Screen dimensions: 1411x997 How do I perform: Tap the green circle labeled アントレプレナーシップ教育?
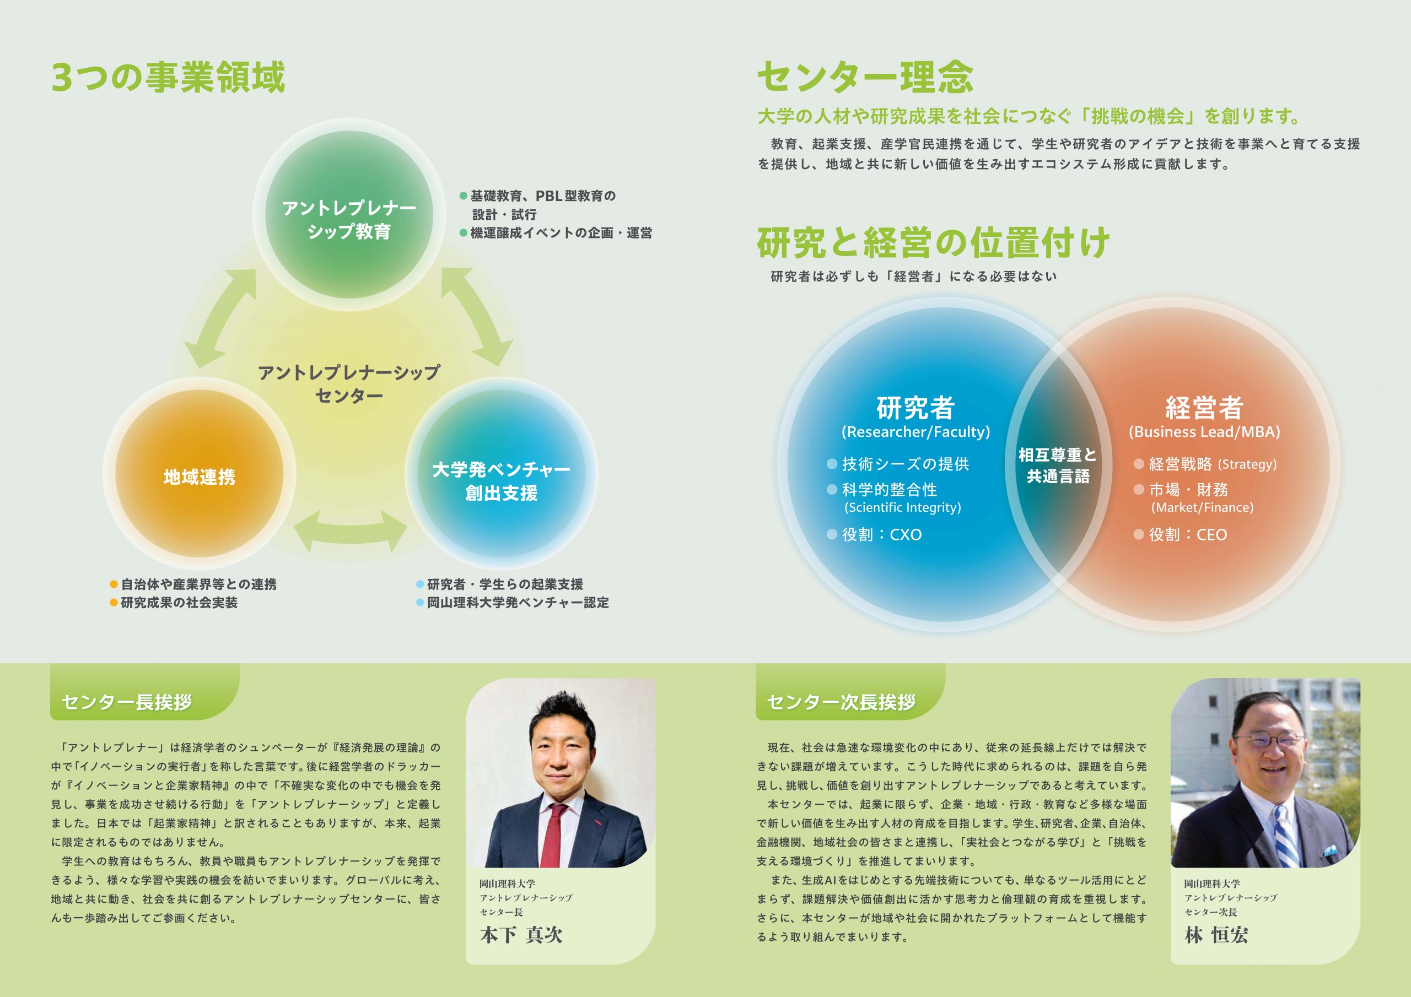[349, 214]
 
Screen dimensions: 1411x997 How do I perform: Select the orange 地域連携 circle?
[199, 474]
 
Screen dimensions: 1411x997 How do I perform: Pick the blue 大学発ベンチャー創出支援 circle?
[502, 474]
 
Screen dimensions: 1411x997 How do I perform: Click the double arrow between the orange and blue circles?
[351, 531]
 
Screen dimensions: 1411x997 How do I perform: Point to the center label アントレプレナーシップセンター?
[349, 384]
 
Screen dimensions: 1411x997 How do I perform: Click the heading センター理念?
[865, 78]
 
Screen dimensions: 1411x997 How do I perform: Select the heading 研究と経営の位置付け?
[934, 243]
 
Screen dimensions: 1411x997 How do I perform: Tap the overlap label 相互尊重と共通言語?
[1058, 465]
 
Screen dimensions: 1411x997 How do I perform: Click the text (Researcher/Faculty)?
[915, 432]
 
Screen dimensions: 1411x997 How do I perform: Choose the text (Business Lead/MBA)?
[1204, 432]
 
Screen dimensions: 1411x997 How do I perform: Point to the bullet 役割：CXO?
[875, 534]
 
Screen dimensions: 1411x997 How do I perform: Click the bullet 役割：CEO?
[1181, 534]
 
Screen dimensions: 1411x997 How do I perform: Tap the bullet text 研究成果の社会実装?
[174, 603]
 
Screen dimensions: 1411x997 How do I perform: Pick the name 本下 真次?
[521, 935]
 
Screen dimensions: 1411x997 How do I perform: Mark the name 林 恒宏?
[1216, 935]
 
